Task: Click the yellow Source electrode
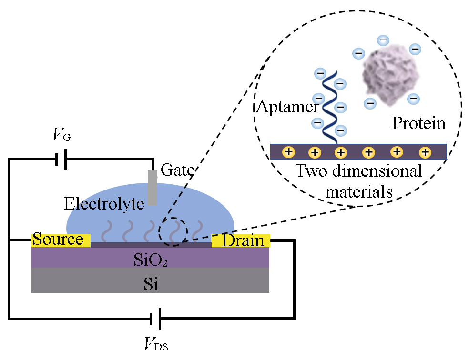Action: pyautogui.click(x=61, y=240)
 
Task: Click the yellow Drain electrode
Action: pyautogui.click(x=241, y=240)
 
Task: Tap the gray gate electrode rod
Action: pyautogui.click(x=152, y=188)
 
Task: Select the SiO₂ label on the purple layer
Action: pyautogui.click(x=150, y=260)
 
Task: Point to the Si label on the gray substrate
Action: pyautogui.click(x=151, y=284)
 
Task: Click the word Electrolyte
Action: pyautogui.click(x=104, y=204)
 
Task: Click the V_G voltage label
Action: pyautogui.click(x=61, y=135)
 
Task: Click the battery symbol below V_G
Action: pyautogui.click(x=61, y=159)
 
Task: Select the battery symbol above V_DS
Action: pyautogui.click(x=155, y=319)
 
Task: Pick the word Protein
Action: pyautogui.click(x=418, y=123)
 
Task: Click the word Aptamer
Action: pyautogui.click(x=287, y=107)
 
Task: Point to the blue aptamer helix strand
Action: pyautogui.click(x=330, y=107)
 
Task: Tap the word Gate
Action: pyautogui.click(x=177, y=170)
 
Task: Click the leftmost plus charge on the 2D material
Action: pyautogui.click(x=288, y=152)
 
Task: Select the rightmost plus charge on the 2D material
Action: pyautogui.click(x=425, y=152)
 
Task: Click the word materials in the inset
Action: pyautogui.click(x=359, y=191)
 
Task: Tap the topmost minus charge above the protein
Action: pyautogui.click(x=383, y=40)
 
